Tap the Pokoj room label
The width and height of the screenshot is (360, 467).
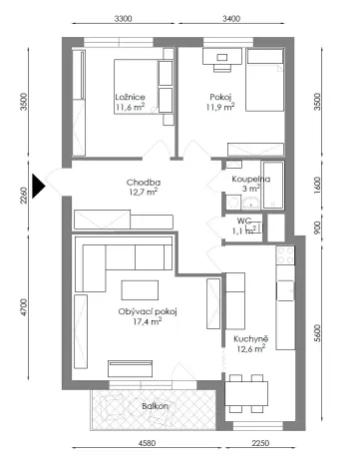click(x=221, y=97)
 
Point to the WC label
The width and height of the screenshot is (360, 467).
click(x=244, y=221)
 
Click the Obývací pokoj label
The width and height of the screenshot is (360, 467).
click(x=146, y=312)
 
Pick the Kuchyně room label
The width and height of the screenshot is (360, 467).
click(x=249, y=338)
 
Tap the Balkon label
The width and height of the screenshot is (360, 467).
click(x=154, y=406)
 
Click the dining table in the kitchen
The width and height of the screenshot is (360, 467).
click(x=246, y=393)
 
